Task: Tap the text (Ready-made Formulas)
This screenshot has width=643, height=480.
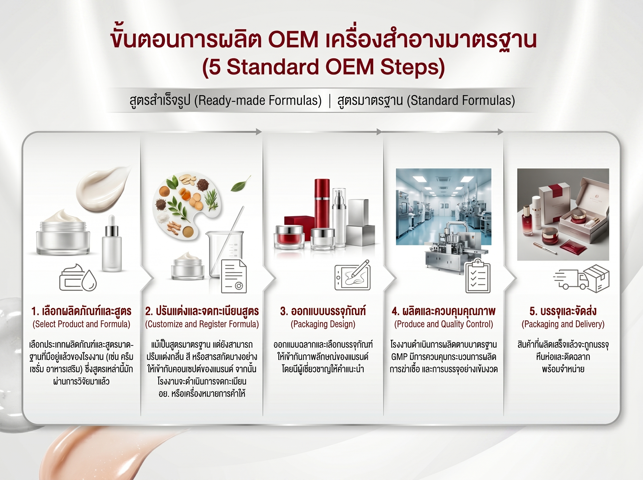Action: click(258, 100)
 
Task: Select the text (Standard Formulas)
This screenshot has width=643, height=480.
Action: click(461, 100)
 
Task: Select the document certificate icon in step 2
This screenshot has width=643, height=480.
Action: click(234, 276)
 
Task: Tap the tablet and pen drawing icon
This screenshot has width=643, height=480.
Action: click(352, 275)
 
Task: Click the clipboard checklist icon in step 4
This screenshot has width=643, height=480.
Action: click(478, 276)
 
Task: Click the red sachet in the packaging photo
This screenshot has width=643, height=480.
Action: click(571, 248)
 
